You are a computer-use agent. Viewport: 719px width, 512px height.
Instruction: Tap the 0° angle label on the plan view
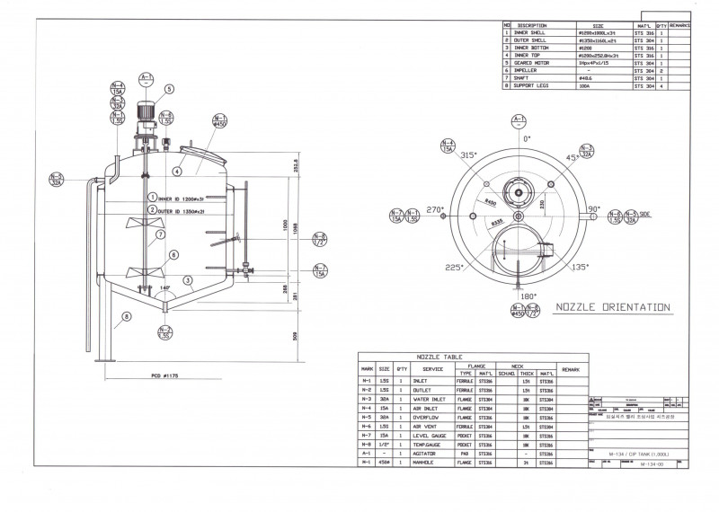(527, 139)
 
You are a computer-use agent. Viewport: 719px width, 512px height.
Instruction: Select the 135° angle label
(581, 267)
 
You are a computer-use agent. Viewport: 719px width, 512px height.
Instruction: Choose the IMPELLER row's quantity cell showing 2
(661, 71)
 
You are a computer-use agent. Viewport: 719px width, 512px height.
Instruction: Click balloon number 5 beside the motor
(168, 89)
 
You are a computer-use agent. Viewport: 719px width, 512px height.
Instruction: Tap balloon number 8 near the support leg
(127, 315)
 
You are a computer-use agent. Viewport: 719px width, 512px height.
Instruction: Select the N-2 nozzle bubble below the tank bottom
(164, 332)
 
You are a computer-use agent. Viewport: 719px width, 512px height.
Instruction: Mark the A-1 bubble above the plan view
(518, 121)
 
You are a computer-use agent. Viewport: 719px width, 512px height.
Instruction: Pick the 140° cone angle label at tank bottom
(164, 287)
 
